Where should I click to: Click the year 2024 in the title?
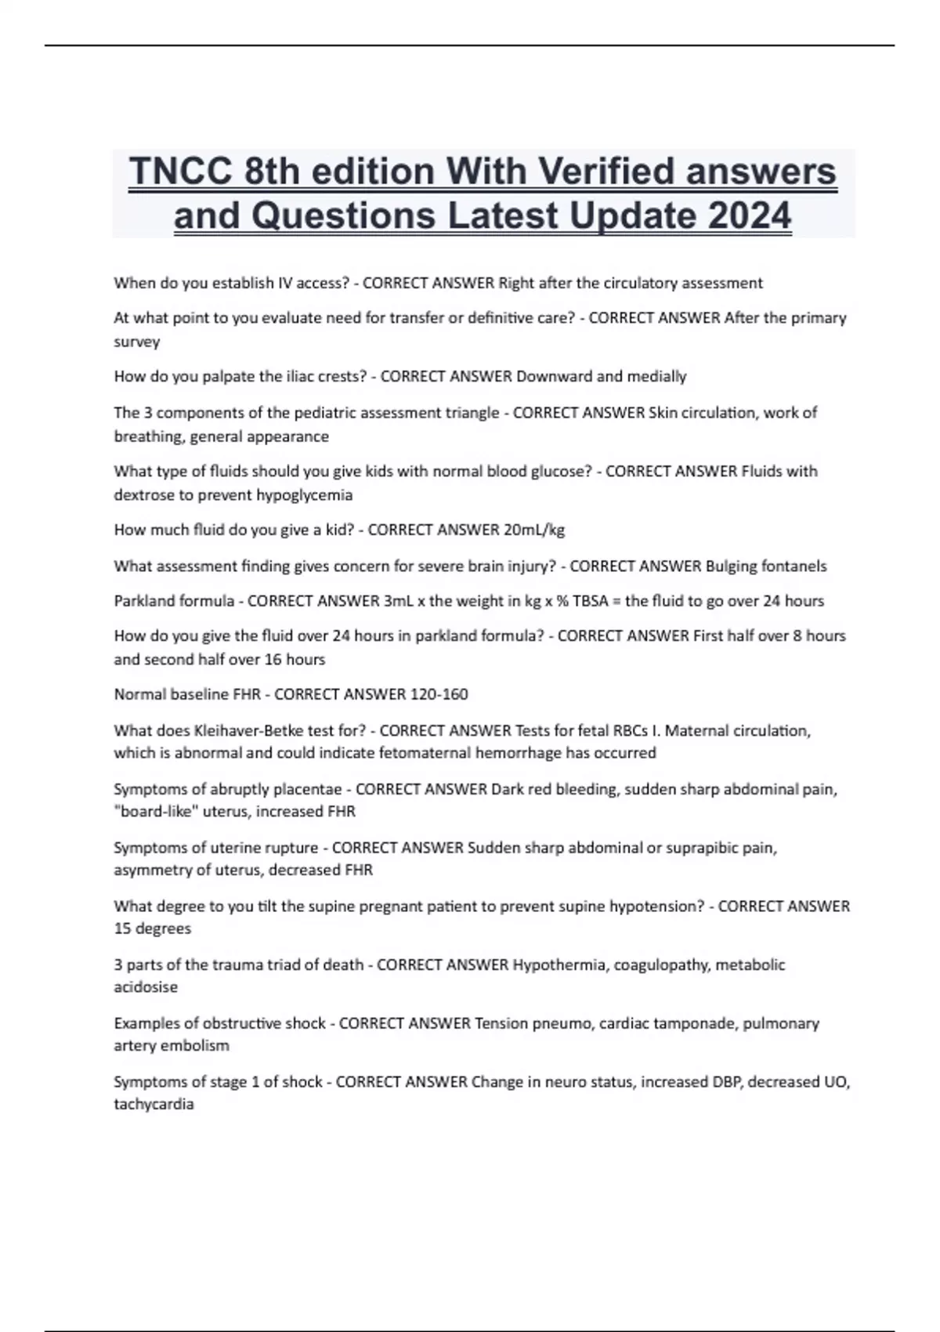750,215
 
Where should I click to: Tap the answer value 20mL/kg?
533,530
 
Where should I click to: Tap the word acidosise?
146,987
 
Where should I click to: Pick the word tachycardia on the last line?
154,1104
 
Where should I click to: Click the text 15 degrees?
153,928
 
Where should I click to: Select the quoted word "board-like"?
156,812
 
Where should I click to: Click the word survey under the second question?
137,342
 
